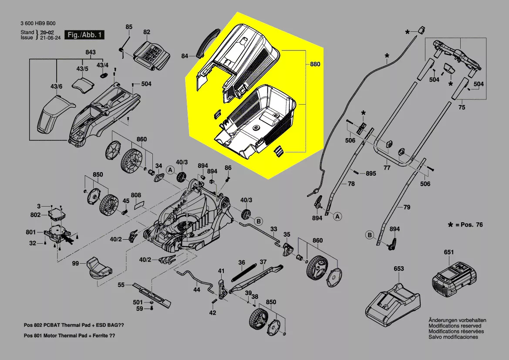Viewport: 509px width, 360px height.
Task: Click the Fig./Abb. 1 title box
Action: [x=84, y=34]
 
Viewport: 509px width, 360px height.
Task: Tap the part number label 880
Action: [x=315, y=65]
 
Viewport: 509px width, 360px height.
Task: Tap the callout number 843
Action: [x=90, y=53]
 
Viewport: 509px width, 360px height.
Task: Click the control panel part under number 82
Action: [x=152, y=54]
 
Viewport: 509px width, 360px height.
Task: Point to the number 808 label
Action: [x=136, y=195]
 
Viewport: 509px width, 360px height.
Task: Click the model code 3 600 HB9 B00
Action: [x=38, y=24]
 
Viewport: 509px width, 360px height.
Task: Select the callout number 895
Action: [x=370, y=173]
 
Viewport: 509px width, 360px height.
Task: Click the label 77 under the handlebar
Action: [x=387, y=167]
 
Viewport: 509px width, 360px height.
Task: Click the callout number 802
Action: [x=36, y=215]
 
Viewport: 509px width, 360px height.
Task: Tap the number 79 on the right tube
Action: [x=406, y=207]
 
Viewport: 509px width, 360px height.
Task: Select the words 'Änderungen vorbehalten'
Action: [x=457, y=320]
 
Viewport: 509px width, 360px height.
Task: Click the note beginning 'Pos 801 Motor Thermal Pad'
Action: [x=70, y=336]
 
